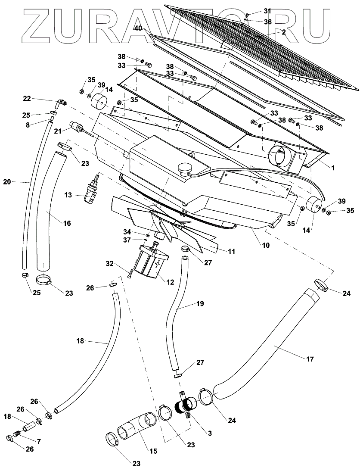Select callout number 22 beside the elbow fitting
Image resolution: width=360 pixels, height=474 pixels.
(x=27, y=99)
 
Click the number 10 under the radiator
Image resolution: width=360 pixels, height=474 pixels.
(x=265, y=245)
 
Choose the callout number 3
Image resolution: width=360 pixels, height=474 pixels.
(x=210, y=433)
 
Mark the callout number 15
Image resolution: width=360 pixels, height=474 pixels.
(x=153, y=451)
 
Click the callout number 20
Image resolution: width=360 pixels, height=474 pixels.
(x=7, y=182)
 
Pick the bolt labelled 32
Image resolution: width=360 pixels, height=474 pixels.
(x=130, y=272)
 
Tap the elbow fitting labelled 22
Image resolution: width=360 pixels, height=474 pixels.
(x=61, y=103)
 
